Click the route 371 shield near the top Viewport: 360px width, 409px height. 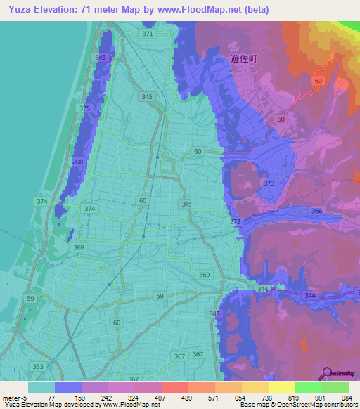coord(147,34)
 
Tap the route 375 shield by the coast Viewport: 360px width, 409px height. coord(85,108)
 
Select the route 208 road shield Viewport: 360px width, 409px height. coord(77,162)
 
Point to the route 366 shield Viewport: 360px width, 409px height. coord(317,211)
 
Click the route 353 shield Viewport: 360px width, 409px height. coord(37,367)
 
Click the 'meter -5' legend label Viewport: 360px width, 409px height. coord(15,397)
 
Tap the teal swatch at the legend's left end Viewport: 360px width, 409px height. coord(41,387)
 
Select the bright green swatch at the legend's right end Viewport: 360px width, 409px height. coord(335,387)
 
